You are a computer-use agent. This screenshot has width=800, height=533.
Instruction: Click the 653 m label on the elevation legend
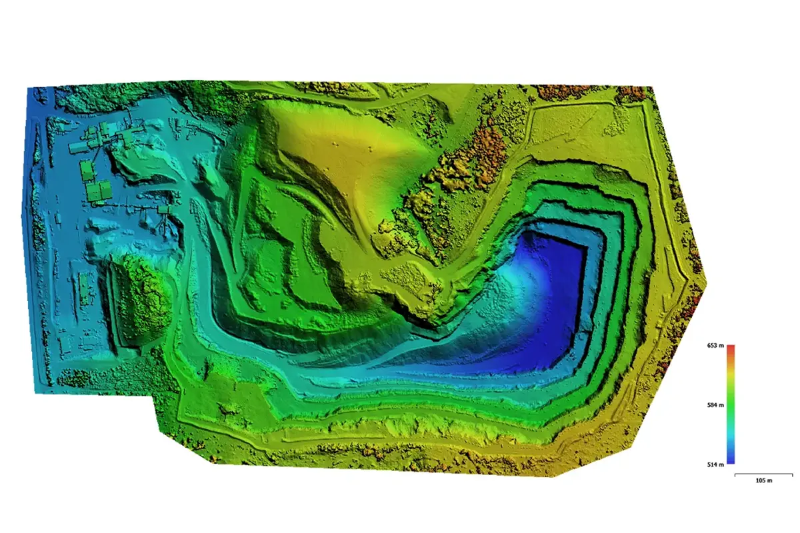click(715, 346)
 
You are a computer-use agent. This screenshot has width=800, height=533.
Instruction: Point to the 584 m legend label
click(715, 404)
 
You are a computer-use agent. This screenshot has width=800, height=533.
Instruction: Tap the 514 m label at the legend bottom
click(715, 464)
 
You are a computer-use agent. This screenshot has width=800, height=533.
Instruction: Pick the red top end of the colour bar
click(731, 348)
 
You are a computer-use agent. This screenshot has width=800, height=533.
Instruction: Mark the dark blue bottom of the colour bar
click(731, 460)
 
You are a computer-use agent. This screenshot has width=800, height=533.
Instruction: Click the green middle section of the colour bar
click(731, 404)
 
